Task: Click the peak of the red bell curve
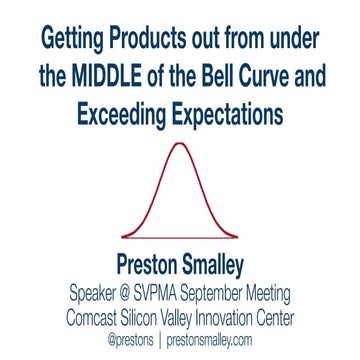tap(179, 145)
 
